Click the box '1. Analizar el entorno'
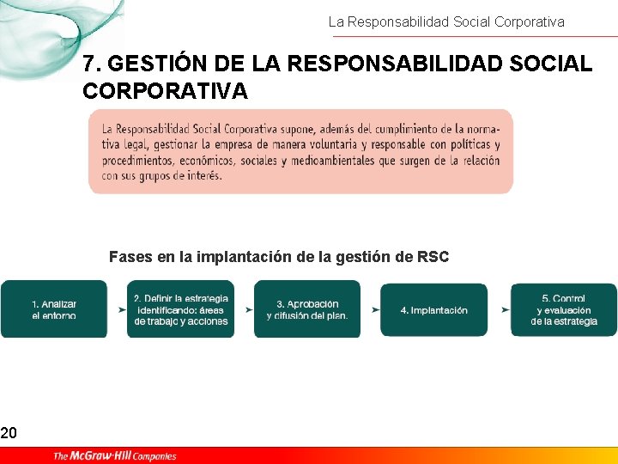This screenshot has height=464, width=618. [54, 309]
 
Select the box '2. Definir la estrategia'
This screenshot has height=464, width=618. [180, 309]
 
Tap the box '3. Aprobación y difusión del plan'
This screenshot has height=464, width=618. [307, 309]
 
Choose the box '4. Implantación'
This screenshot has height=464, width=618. [434, 309]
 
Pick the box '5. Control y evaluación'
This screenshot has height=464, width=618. [564, 309]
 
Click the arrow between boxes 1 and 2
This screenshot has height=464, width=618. [118, 309]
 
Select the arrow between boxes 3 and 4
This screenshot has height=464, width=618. [372, 309]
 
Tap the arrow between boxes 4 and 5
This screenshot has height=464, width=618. [499, 309]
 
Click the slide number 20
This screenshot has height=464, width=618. [9, 433]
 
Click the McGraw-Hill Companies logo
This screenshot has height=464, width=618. [114, 455]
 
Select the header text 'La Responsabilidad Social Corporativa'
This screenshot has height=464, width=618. [446, 22]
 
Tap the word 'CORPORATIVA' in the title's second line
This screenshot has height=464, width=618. [165, 90]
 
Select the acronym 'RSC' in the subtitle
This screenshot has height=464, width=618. [433, 256]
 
